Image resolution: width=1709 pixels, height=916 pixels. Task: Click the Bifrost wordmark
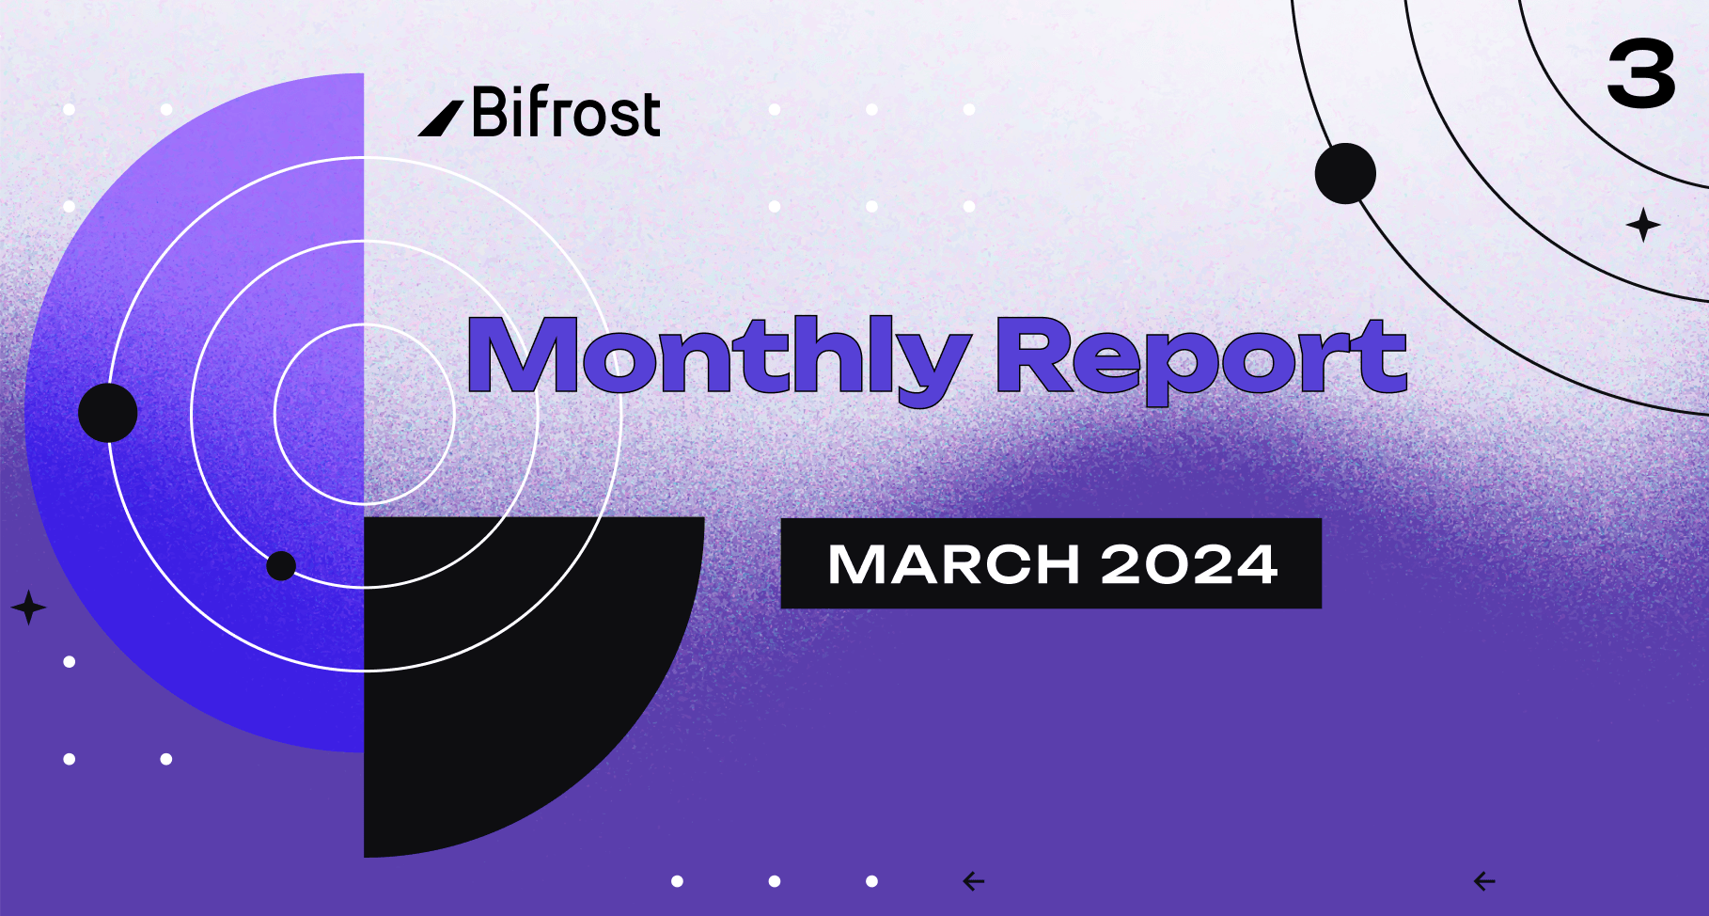point(566,112)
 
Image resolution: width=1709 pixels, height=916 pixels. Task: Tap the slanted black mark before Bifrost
point(440,118)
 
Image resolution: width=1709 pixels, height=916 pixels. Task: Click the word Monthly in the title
point(718,360)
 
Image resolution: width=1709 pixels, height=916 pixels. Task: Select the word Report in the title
point(1200,360)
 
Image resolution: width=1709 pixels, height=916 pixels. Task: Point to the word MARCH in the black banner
point(953,564)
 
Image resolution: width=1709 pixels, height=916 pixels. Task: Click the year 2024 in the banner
point(1189,564)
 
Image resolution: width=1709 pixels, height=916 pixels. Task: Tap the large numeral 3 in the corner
point(1641,74)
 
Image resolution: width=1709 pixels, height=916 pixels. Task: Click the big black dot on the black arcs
point(1345,173)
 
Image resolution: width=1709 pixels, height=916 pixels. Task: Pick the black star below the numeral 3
point(1643,225)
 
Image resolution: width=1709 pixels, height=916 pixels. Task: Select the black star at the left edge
point(28,608)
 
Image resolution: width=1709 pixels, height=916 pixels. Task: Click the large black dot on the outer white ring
point(108,413)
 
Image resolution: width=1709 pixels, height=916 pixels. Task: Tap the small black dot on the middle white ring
point(281,566)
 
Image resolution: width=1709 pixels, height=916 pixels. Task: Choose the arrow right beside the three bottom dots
point(974,881)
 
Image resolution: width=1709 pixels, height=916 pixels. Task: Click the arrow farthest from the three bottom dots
point(1484,881)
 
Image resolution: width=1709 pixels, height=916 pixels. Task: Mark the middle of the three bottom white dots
point(775,881)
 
